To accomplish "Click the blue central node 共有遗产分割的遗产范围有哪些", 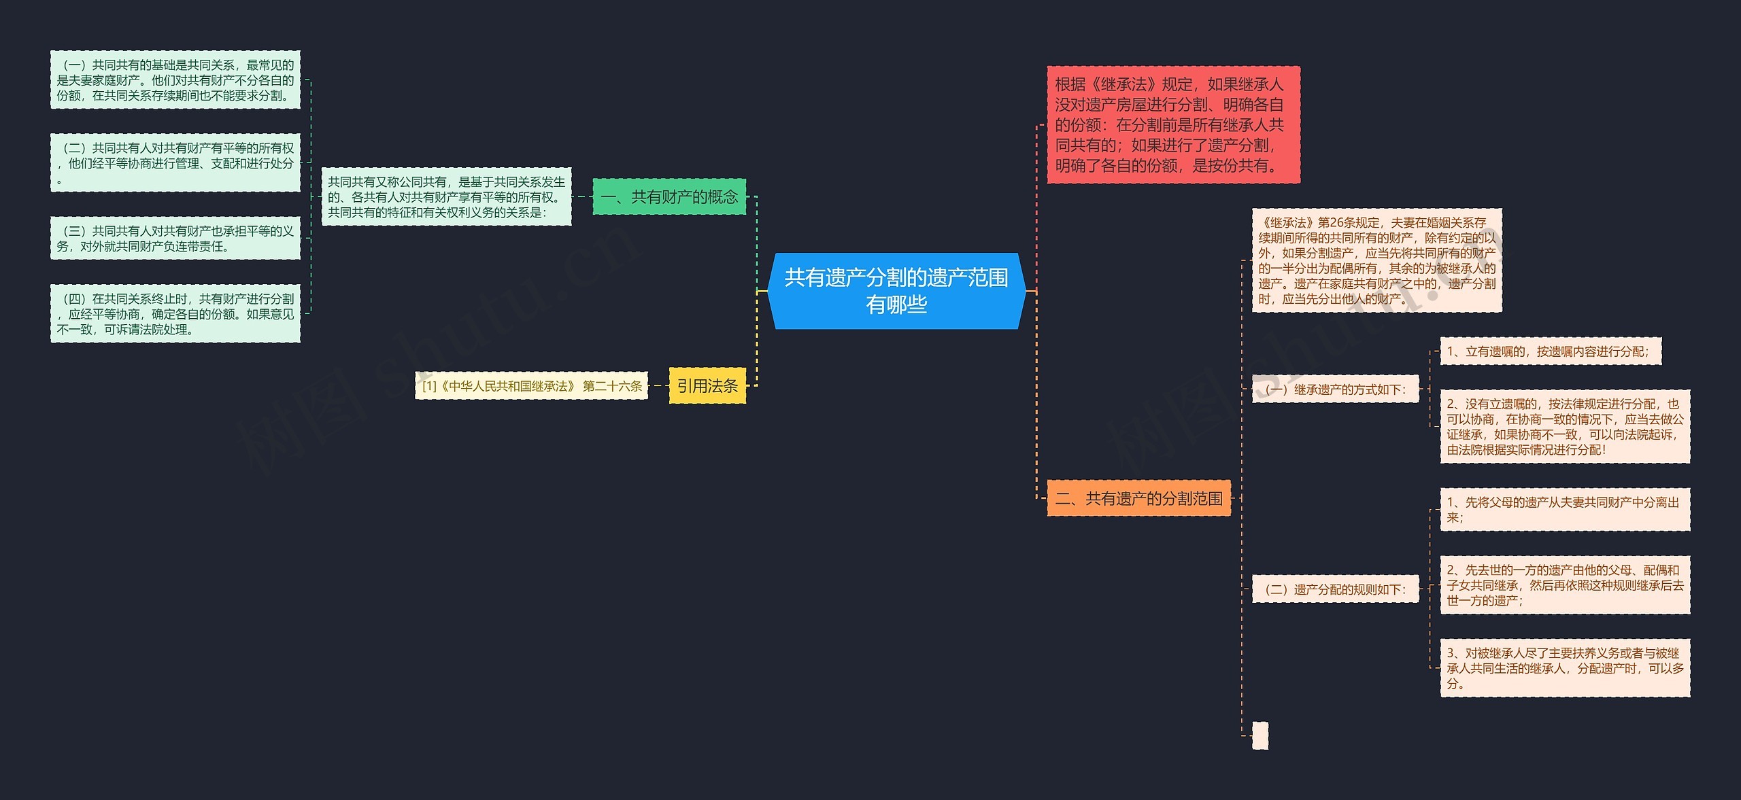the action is pyautogui.click(x=896, y=291).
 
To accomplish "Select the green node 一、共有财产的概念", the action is pyautogui.click(x=669, y=197).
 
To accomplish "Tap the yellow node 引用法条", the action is pyautogui.click(x=707, y=386).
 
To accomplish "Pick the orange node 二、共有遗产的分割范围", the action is pyautogui.click(x=1138, y=499).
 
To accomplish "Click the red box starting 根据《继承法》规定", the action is pyautogui.click(x=1173, y=125).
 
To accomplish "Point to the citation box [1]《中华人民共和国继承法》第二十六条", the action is pyautogui.click(x=532, y=386).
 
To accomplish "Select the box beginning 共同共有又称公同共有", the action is pyautogui.click(x=446, y=197).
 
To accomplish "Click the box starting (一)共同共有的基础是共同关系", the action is pyautogui.click(x=175, y=80).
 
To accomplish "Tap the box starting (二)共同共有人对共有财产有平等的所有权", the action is pyautogui.click(x=175, y=163).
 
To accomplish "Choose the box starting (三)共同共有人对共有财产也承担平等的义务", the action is pyautogui.click(x=175, y=239).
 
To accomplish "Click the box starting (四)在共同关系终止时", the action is pyautogui.click(x=175, y=314).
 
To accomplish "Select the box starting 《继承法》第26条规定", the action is pyautogui.click(x=1376, y=260).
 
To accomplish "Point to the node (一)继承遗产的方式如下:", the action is pyautogui.click(x=1336, y=389).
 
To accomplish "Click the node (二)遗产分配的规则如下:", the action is pyautogui.click(x=1336, y=589).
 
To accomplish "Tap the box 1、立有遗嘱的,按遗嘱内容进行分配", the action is pyautogui.click(x=1551, y=351).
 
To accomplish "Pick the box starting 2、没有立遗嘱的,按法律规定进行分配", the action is pyautogui.click(x=1565, y=427).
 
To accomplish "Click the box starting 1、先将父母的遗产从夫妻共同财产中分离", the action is pyautogui.click(x=1565, y=510).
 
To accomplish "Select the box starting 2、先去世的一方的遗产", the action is pyautogui.click(x=1565, y=585).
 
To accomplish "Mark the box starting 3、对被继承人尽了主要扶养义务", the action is pyautogui.click(x=1565, y=668).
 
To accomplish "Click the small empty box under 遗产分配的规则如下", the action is pyautogui.click(x=1260, y=735).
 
